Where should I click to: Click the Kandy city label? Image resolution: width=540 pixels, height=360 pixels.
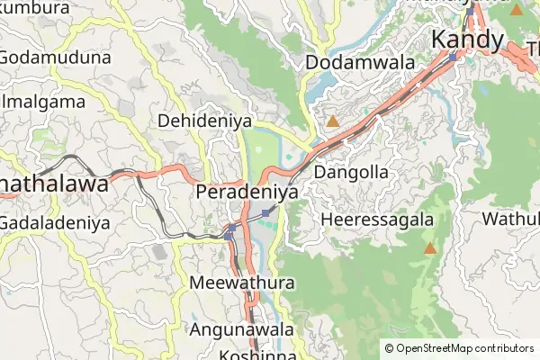(466, 40)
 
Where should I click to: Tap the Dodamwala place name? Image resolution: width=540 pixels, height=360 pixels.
(360, 63)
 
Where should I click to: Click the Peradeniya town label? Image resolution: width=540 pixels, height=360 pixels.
(247, 192)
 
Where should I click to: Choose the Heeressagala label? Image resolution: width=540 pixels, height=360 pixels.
(376, 220)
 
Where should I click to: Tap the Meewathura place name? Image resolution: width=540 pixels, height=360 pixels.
(243, 283)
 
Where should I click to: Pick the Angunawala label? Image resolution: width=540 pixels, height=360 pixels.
(240, 329)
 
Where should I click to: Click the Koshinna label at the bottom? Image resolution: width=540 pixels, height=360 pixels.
(245, 355)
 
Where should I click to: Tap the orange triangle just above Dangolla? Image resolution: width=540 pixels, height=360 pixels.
(333, 121)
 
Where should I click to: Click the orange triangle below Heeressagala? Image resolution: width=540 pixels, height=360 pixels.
(430, 248)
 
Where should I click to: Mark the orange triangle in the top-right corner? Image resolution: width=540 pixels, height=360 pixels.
(516, 10)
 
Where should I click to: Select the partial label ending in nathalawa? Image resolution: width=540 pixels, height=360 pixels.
(54, 184)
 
